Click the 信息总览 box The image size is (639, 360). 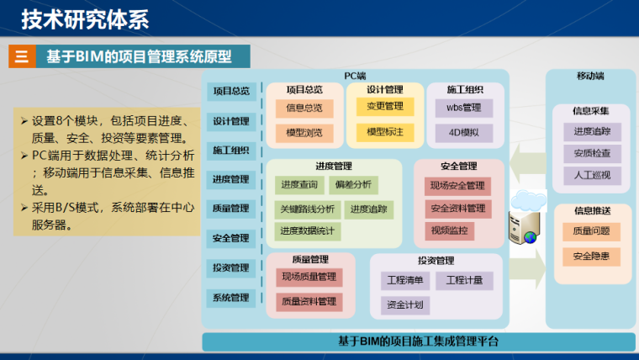tap(304, 108)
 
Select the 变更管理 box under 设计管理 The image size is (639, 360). tap(385, 107)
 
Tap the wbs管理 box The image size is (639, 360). tap(463, 108)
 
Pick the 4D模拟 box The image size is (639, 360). tap(463, 132)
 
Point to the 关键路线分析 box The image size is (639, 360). tap(308, 209)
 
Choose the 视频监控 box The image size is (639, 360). tap(452, 230)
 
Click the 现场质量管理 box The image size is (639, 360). tap(309, 277)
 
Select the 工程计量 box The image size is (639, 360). tap(464, 280)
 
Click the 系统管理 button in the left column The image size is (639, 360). tap(230, 298)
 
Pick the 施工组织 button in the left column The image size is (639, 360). tap(230, 151)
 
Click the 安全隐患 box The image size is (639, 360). tap(592, 256)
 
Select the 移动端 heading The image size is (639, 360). tap(590, 76)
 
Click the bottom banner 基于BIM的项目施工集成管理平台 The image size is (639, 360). tap(418, 341)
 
